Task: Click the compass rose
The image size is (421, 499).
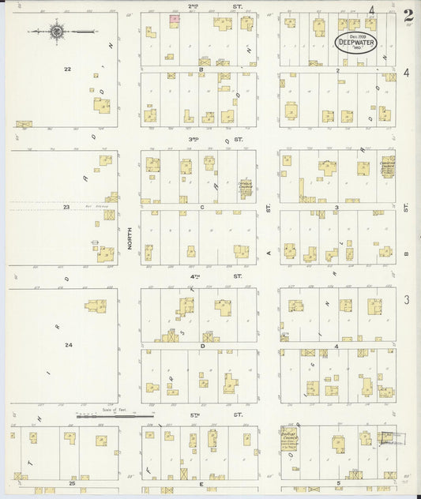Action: click(56, 32)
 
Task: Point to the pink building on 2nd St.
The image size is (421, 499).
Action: click(175, 18)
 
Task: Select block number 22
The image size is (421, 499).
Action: click(67, 69)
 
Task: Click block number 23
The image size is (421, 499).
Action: click(67, 208)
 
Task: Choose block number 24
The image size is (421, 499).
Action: click(69, 344)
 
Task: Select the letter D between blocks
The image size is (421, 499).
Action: click(203, 346)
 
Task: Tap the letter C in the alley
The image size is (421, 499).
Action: click(202, 208)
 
